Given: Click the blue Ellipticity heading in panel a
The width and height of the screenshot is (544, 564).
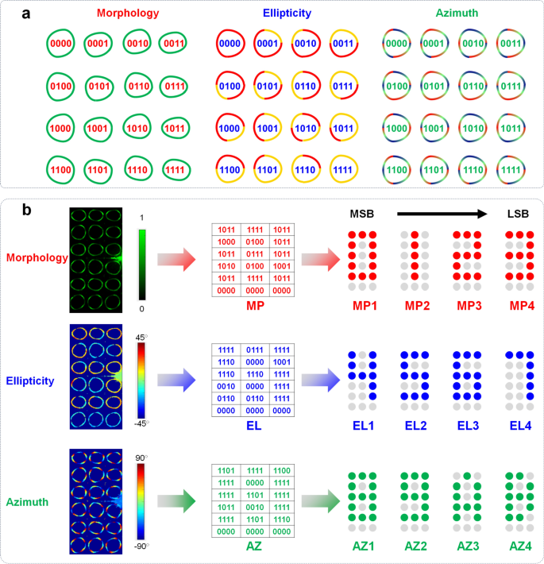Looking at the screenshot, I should [277, 14].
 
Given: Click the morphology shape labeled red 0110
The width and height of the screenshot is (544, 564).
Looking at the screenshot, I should [138, 85].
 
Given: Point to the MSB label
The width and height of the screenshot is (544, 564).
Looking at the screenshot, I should [363, 214].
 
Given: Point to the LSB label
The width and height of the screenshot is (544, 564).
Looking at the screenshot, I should [523, 214].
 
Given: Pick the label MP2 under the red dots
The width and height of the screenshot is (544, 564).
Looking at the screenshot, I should [416, 306].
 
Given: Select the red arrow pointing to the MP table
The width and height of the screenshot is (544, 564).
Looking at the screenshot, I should [175, 260].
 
